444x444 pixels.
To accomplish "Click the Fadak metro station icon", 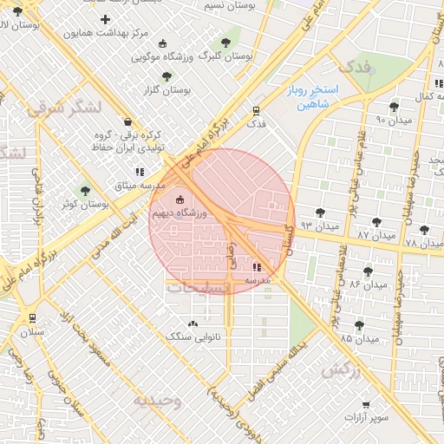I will click(255, 111).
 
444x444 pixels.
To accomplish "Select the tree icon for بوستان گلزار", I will click(166, 75).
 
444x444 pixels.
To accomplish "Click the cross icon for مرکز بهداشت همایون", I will click(106, 19).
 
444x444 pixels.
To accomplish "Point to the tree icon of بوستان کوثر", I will click(84, 191).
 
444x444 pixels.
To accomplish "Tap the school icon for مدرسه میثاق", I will click(140, 172).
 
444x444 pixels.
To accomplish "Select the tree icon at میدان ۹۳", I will click(320, 212).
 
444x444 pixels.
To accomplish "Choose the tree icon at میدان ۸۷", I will click(376, 221).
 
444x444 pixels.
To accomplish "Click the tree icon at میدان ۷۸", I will click(423, 230).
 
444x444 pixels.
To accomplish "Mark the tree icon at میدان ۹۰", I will click(394, 107).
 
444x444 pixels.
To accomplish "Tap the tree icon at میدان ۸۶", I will click(368, 271).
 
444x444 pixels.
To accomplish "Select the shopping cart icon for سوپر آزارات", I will click(366, 405).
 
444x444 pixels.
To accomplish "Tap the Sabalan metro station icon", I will click(32, 318).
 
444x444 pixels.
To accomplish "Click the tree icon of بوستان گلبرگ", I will click(225, 41).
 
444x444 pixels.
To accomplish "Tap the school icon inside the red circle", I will click(258, 267).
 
